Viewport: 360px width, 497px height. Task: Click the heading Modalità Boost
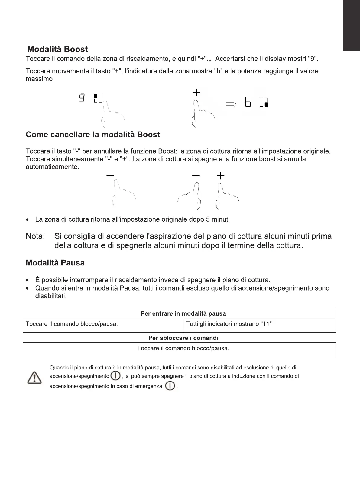(57, 49)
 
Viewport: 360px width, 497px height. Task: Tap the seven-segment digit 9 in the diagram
(82, 98)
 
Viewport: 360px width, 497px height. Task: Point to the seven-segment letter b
(248, 102)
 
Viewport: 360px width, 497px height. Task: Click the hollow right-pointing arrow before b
(231, 104)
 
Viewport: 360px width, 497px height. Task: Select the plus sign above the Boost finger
(196, 93)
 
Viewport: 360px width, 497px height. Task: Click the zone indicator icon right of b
(264, 102)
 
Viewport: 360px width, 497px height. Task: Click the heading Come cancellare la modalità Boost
(93, 135)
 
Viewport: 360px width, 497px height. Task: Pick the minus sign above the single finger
(110, 175)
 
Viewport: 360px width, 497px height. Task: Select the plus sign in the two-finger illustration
(221, 175)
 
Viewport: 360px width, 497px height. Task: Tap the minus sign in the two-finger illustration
(196, 175)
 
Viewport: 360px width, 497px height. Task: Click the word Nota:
(35, 236)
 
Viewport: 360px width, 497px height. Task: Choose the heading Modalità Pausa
(55, 263)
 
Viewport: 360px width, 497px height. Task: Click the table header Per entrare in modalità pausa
(183, 313)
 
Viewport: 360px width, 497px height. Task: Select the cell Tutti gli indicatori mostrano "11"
(229, 324)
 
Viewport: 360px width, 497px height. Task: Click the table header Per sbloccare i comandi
(183, 338)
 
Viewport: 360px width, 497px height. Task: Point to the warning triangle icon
(34, 378)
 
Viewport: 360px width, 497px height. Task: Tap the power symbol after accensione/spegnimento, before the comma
(115, 376)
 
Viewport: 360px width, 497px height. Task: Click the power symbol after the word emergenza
(170, 386)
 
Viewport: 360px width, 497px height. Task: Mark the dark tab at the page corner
(351, 26)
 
